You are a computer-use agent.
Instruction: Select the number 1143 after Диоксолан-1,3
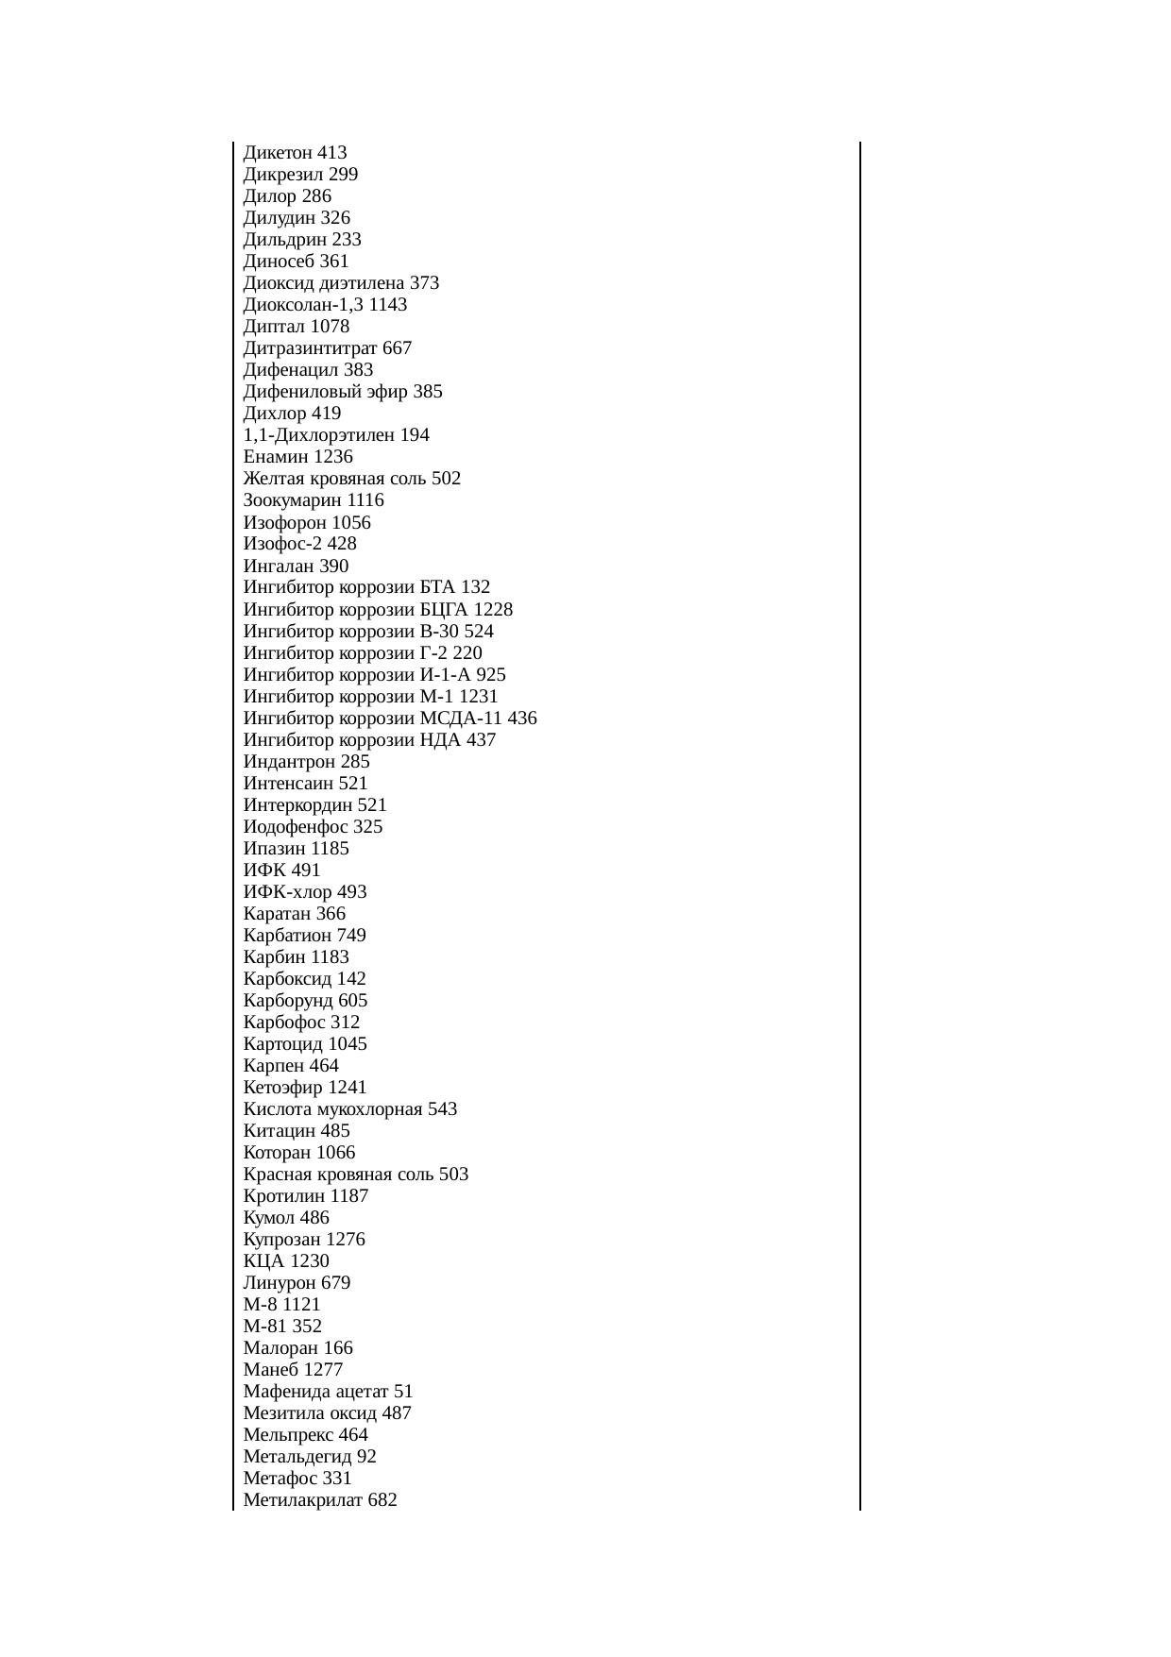(387, 305)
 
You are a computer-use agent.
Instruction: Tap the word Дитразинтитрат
(304, 348)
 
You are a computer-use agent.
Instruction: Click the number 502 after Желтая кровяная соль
(446, 479)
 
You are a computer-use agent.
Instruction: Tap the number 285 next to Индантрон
(355, 762)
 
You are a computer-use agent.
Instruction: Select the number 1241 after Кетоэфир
(347, 1088)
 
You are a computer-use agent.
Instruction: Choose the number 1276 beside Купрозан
(345, 1240)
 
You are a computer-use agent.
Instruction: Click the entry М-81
(264, 1327)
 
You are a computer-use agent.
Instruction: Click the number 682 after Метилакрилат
(382, 1500)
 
